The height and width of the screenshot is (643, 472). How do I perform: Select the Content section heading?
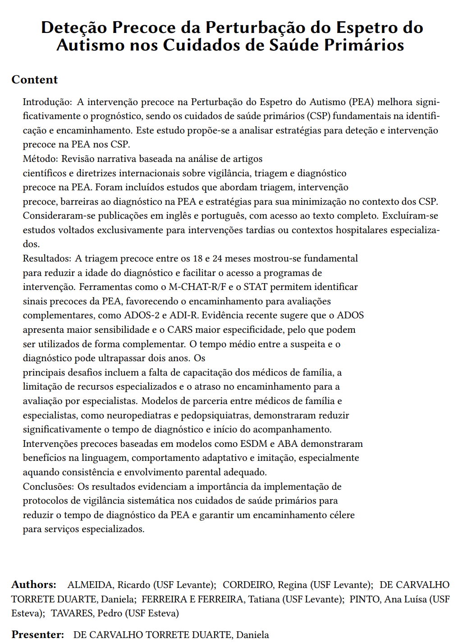pos(35,80)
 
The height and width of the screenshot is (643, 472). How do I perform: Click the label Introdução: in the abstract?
pos(47,102)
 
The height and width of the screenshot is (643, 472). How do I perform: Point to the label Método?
pos(41,159)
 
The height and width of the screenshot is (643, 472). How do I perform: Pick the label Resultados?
pos(47,258)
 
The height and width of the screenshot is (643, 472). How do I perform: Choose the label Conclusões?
pos(49,487)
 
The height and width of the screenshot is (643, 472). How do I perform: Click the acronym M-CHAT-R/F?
pos(197,287)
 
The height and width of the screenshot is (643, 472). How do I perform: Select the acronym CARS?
pos(180,330)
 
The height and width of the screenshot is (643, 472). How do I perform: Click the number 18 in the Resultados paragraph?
pos(197,258)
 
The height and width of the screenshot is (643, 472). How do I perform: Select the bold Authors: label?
pos(34,584)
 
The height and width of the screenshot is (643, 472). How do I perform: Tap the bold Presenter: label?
pos(38,634)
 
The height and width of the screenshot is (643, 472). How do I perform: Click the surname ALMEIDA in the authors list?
pos(90,585)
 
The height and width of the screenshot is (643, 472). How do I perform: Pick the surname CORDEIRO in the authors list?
pos(247,585)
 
